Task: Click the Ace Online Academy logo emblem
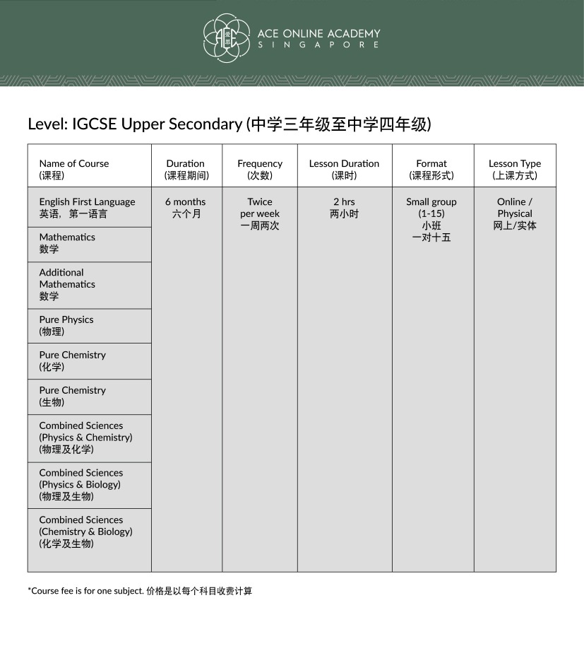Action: point(227,38)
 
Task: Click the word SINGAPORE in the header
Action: point(318,45)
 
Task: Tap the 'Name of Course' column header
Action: point(74,169)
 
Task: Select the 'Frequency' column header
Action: point(260,169)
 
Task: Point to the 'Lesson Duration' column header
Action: point(344,169)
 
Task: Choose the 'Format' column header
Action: point(431,169)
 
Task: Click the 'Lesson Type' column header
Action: point(515,169)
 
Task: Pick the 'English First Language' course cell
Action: point(87,207)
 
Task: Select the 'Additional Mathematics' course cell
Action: point(67,284)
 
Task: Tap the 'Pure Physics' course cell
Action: point(66,325)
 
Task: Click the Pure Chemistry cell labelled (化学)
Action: point(72,360)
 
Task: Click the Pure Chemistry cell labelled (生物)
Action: point(72,396)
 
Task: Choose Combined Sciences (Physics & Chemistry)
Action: point(85,437)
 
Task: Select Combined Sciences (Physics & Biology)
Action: point(81,484)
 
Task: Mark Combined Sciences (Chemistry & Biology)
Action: point(85,532)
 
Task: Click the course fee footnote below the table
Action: point(140,591)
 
